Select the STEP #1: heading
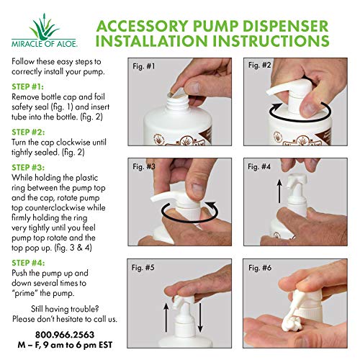click(x=27, y=86)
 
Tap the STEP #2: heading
click(x=28, y=132)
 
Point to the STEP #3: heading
click(x=28, y=168)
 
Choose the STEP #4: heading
click(x=28, y=263)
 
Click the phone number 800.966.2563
click(x=65, y=335)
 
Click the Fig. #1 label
click(x=144, y=66)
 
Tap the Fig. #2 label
click(x=259, y=65)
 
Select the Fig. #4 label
click(x=259, y=166)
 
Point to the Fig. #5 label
click(x=143, y=267)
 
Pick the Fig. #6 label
click(x=260, y=267)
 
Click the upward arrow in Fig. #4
click(x=279, y=192)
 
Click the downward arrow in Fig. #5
click(x=200, y=318)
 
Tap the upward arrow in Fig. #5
click(x=166, y=318)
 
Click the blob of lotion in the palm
click(x=291, y=323)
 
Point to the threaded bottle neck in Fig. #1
click(x=178, y=104)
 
